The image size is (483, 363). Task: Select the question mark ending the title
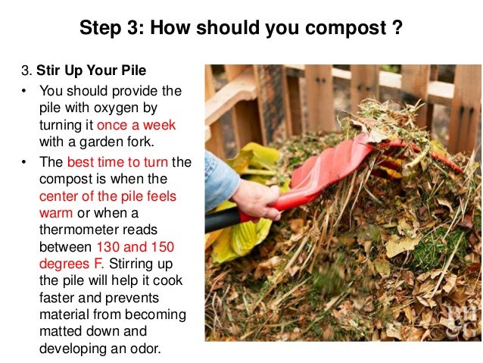point(396,30)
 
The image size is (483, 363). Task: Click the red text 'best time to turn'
point(117,162)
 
